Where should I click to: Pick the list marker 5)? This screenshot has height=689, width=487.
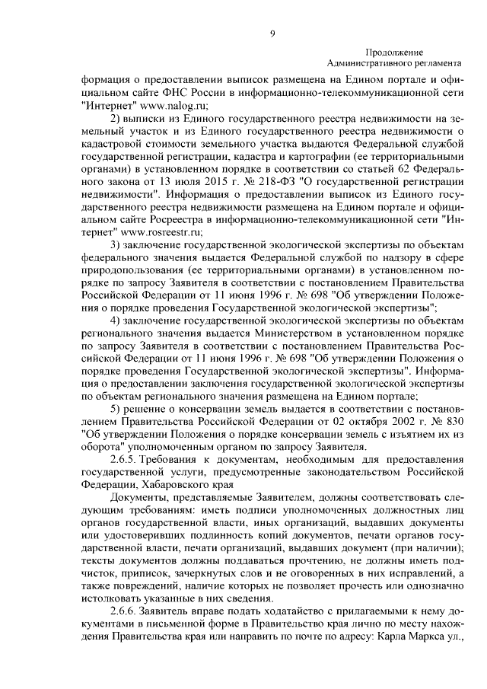pos(116,406)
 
